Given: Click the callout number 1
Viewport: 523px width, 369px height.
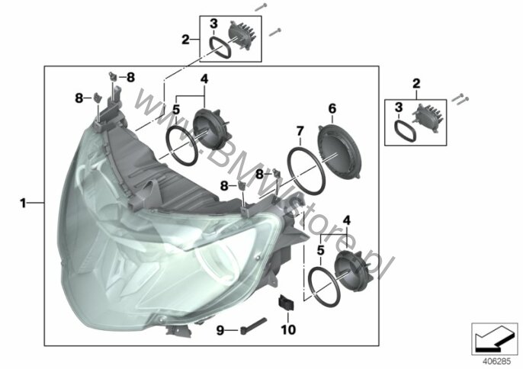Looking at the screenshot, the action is point(23,203).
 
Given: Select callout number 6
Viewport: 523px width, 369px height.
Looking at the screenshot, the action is point(332,108).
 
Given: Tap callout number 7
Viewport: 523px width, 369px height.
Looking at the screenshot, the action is point(300,131).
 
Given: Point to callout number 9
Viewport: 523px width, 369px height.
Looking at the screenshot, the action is point(220,331).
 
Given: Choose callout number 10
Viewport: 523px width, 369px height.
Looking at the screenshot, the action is point(288,329).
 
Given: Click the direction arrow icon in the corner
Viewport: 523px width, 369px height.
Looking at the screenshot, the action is point(494,339).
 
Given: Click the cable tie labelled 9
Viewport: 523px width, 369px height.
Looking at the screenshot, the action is point(253,326).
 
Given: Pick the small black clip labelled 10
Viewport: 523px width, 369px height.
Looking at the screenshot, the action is point(286,303).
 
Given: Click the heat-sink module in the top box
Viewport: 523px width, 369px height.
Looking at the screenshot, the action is point(241,35).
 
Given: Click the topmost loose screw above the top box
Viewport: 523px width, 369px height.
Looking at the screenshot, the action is point(261,7).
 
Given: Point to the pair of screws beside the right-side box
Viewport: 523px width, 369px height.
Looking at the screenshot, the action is point(460,98).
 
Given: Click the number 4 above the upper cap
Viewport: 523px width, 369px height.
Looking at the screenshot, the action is point(204,79).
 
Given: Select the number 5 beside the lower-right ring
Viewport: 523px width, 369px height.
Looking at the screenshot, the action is point(320,250).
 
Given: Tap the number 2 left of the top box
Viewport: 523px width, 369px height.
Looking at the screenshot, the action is point(185,40).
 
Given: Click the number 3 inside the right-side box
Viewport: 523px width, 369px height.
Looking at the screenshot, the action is point(399,107).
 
